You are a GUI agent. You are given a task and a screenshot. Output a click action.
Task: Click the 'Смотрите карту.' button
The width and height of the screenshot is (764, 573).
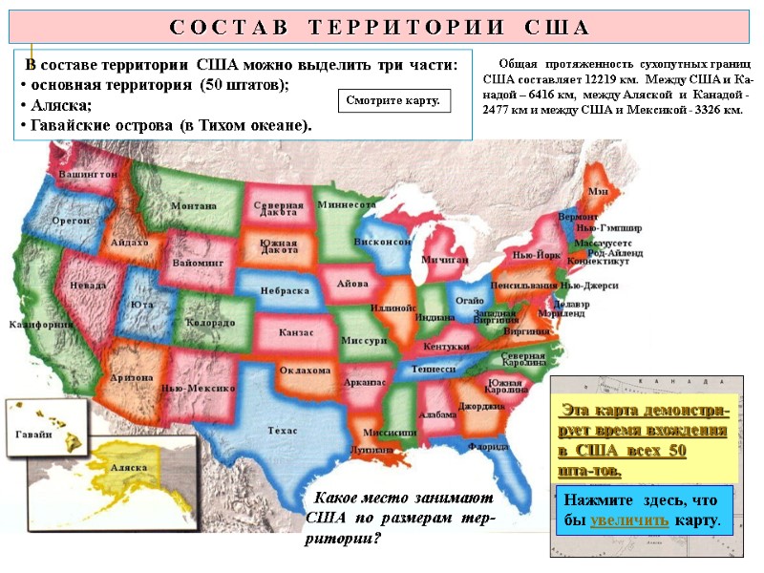(x=393, y=99)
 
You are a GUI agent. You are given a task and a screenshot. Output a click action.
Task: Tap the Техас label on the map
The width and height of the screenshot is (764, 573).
(x=284, y=431)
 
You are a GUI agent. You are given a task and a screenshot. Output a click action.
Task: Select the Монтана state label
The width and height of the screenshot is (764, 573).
(x=193, y=206)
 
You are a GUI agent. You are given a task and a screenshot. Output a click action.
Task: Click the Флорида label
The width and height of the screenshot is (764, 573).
(x=488, y=446)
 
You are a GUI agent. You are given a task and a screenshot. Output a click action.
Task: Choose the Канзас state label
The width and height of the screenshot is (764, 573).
(x=297, y=333)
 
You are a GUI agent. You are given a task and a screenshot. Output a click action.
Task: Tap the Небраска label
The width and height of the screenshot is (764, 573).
(x=287, y=289)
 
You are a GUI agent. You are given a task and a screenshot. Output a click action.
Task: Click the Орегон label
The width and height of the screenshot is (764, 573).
(x=71, y=220)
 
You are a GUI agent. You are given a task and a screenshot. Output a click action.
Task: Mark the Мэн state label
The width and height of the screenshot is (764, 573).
(x=598, y=192)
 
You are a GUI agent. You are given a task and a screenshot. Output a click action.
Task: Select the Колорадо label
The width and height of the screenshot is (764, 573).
(x=210, y=324)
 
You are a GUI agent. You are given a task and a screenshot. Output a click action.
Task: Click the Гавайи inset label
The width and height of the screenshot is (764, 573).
(x=33, y=434)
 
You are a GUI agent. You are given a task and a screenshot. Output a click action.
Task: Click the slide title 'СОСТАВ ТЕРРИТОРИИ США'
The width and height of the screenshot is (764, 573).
(x=379, y=26)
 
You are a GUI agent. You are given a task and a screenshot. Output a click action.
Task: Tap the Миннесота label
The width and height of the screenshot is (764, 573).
(x=347, y=204)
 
